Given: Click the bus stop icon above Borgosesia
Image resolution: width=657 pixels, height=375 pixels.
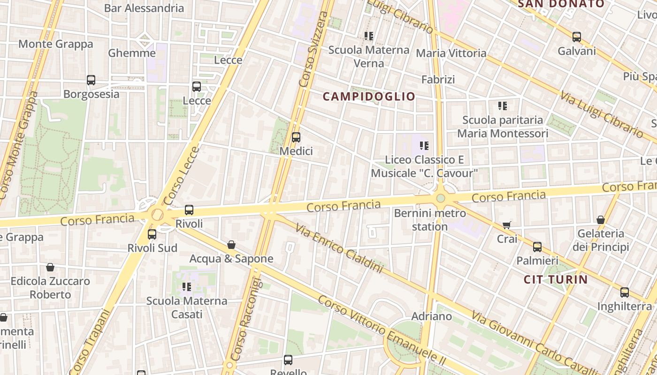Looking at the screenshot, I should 91,80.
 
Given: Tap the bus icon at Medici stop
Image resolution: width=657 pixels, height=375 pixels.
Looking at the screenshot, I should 296,137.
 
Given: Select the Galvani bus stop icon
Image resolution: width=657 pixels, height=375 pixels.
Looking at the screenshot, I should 577,37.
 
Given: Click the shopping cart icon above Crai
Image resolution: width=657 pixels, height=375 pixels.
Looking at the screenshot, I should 506,225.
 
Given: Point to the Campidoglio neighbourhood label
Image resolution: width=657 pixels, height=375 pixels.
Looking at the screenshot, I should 369,97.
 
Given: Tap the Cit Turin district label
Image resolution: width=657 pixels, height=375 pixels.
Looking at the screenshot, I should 556,280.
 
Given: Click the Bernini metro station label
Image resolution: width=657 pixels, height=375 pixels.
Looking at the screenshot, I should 430,220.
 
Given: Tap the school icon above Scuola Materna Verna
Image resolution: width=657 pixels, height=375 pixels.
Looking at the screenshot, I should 369,36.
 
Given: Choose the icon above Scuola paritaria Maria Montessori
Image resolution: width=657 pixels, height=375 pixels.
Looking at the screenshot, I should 503,106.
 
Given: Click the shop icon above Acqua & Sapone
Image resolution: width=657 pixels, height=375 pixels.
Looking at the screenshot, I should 231,245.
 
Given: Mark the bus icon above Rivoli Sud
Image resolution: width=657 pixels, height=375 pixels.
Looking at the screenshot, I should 152,234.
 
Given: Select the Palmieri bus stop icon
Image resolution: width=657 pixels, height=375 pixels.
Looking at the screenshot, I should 537,247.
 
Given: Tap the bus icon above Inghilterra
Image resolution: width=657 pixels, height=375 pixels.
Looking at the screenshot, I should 625,292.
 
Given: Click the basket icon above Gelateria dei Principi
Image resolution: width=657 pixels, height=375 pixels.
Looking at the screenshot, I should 601,219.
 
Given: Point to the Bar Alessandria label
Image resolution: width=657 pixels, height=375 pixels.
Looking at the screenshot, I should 144,8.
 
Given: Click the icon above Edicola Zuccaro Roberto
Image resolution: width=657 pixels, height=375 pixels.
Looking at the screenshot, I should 50,267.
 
